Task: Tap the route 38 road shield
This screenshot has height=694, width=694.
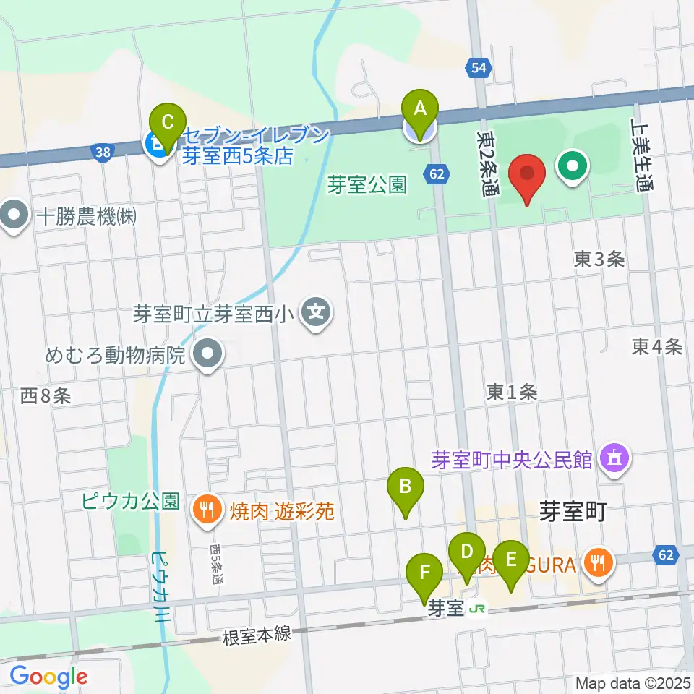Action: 103,151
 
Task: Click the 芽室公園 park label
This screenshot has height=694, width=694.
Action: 368,185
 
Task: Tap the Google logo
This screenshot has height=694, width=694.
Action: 48,677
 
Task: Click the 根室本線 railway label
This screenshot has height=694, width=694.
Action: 258,635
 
